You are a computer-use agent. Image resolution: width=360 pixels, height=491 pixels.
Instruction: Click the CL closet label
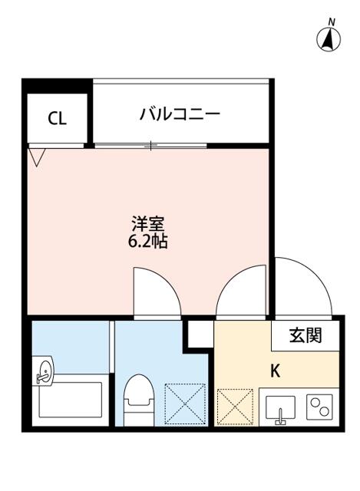[x=57, y=119]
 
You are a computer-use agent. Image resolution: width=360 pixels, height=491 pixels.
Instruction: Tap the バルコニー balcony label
[x=180, y=114]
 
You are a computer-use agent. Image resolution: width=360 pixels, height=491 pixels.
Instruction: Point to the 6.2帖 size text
[x=148, y=242]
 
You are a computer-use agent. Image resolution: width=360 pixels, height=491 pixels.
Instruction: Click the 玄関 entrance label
[x=306, y=336]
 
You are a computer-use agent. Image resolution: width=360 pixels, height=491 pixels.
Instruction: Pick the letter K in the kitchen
[x=275, y=371]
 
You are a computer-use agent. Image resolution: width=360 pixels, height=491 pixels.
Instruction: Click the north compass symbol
[x=329, y=40]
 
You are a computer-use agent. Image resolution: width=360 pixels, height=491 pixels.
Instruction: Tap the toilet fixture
[x=139, y=400]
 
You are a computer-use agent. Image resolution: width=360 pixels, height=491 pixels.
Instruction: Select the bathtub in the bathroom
[x=71, y=399]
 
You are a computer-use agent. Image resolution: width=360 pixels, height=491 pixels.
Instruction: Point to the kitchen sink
[x=280, y=408]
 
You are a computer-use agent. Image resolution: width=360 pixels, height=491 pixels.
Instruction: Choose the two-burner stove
[x=319, y=407]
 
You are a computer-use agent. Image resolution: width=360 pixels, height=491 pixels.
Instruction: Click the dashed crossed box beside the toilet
[x=185, y=404]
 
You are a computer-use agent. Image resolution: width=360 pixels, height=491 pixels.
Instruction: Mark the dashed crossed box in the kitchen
[x=235, y=407]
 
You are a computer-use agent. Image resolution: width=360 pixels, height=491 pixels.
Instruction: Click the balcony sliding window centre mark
[x=150, y=145]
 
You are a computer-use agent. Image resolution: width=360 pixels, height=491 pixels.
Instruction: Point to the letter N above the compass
[x=332, y=22]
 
